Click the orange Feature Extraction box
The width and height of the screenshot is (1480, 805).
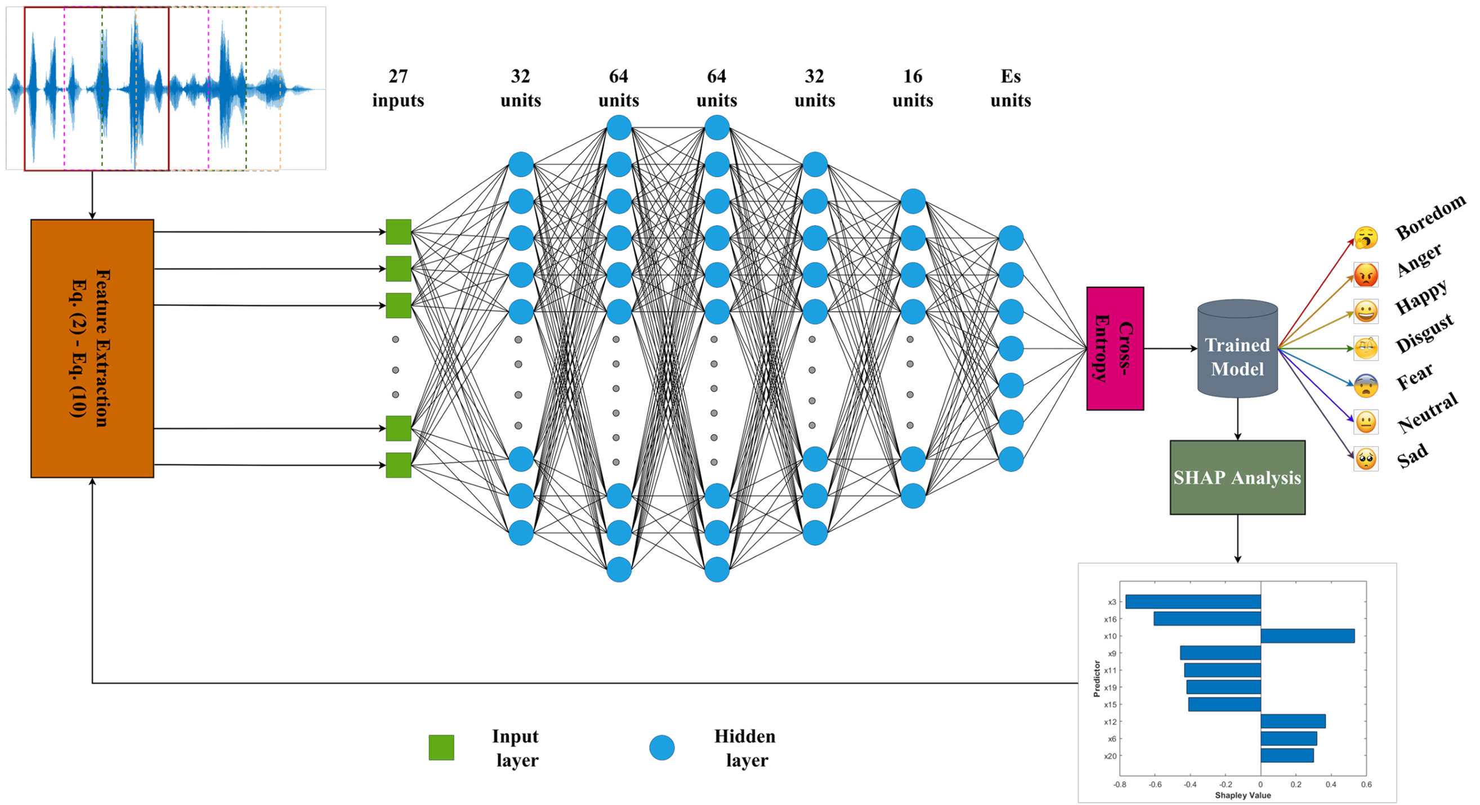pos(92,348)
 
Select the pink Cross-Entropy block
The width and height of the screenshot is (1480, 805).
pos(1115,348)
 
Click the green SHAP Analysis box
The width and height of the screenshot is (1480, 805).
pos(1237,477)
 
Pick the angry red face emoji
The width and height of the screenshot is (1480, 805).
pos(1366,275)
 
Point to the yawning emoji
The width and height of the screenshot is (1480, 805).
pos(1366,238)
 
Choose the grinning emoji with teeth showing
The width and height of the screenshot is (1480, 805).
pos(1366,312)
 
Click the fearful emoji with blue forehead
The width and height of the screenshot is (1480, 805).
pos(1366,385)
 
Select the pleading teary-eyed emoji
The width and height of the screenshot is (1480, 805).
pos(1366,459)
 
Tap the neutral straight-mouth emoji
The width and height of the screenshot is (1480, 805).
pos(1366,422)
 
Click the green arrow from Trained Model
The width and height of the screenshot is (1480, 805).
pos(1316,348)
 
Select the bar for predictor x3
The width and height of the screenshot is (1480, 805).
pos(1193,602)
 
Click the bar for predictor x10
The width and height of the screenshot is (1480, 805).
pos(1307,636)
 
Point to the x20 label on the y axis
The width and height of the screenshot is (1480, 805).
pos(1110,756)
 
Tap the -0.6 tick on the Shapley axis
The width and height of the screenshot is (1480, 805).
pos(1155,784)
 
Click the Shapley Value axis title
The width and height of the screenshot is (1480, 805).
pos(1242,795)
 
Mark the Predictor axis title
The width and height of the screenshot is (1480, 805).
pos(1097,678)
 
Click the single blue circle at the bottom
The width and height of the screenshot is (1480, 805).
pos(661,748)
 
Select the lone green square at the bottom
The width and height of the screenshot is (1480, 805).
pos(441,748)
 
